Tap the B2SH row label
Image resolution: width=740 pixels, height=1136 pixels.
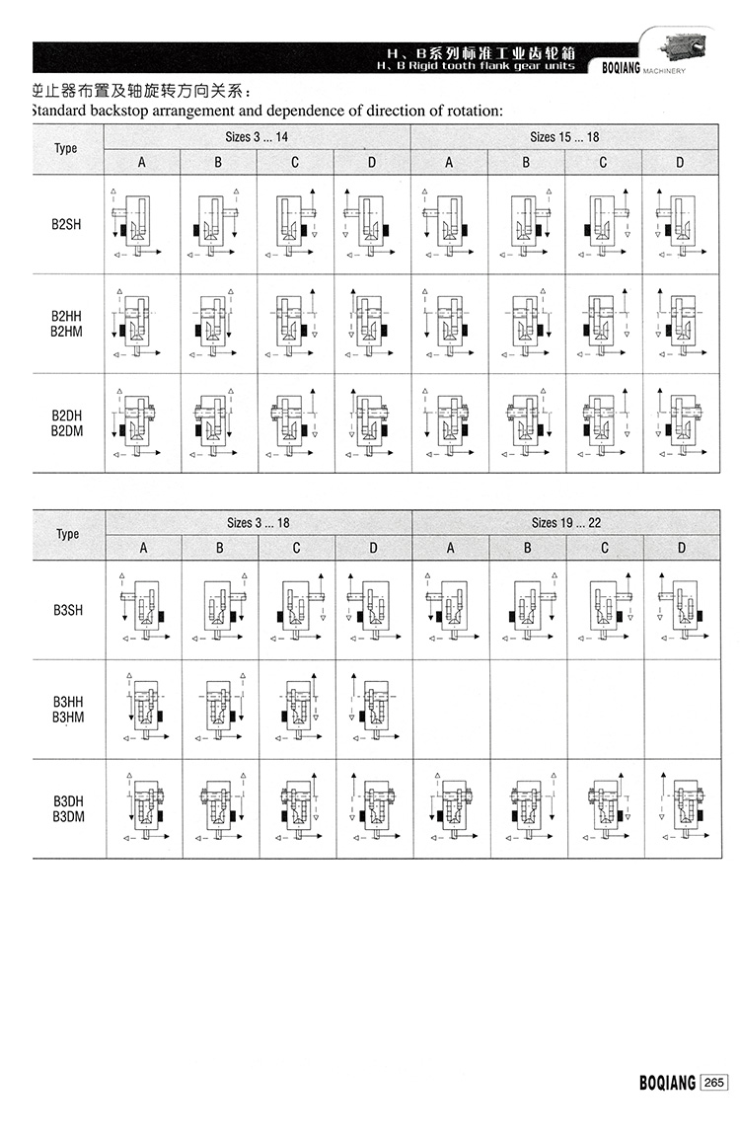coord(66,225)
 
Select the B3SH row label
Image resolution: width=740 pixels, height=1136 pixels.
coord(68,610)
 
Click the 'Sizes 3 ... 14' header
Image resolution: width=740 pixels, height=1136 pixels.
coord(258,137)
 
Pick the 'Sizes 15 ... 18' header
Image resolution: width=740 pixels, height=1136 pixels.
coord(564,137)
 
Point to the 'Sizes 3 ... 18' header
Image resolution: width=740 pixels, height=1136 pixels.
coord(259,522)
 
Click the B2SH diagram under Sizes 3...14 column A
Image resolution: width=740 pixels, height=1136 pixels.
coord(142,225)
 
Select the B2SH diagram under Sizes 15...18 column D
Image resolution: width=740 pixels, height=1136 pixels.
coord(679,225)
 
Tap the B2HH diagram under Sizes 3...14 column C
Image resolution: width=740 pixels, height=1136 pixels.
coord(295,324)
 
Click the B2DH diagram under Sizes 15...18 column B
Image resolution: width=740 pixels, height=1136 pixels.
coord(526,422)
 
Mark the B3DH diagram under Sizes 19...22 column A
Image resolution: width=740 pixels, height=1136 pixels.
coord(450,808)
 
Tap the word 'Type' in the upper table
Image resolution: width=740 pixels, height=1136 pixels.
coord(66,149)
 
